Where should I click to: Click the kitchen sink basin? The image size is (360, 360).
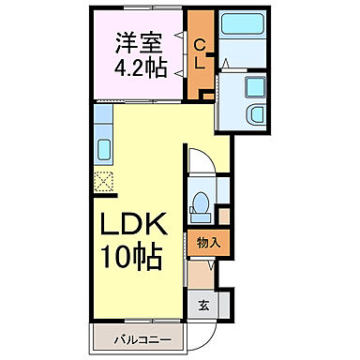coord(103,149)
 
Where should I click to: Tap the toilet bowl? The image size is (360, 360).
coord(201,202)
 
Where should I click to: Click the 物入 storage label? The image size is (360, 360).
coord(208,243)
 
